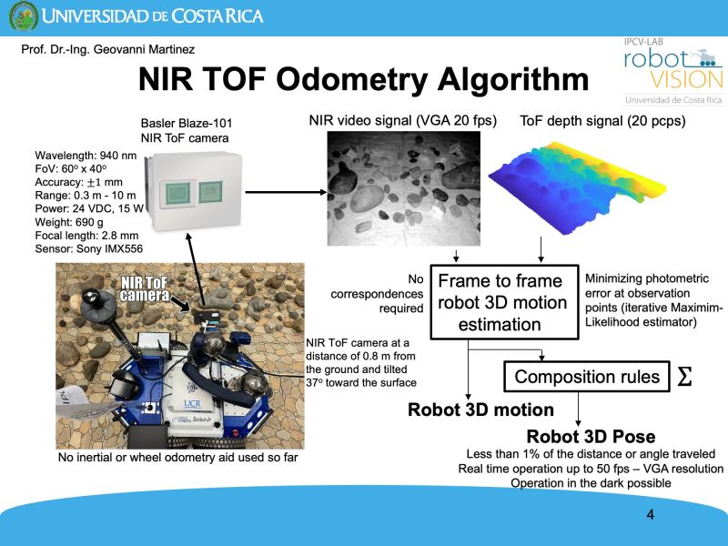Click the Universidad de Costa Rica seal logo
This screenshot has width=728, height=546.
click(x=24, y=16)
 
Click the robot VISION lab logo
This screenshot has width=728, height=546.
click(x=673, y=71)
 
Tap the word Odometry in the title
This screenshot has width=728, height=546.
click(x=353, y=79)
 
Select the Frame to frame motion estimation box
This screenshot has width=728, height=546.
click(x=504, y=302)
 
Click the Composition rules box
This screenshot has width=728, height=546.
click(x=587, y=377)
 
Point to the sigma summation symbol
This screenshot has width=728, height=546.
click(x=685, y=377)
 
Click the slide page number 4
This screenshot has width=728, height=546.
click(x=650, y=514)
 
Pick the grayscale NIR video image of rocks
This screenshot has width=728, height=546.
click(x=403, y=188)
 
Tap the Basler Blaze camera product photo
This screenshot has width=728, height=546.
click(x=194, y=191)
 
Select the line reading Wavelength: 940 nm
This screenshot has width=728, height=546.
click(x=86, y=156)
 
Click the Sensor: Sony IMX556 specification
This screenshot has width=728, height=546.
click(x=88, y=248)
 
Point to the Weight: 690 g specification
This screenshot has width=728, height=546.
click(x=69, y=222)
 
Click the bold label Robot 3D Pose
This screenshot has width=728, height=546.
click(x=591, y=437)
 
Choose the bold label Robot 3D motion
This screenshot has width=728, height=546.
click(x=480, y=410)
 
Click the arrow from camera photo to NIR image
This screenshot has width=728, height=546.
click(x=286, y=192)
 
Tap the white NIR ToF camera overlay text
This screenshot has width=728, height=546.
click(x=145, y=289)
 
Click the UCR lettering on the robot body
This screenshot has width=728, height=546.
click(x=192, y=403)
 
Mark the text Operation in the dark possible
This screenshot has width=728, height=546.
click(x=591, y=483)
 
